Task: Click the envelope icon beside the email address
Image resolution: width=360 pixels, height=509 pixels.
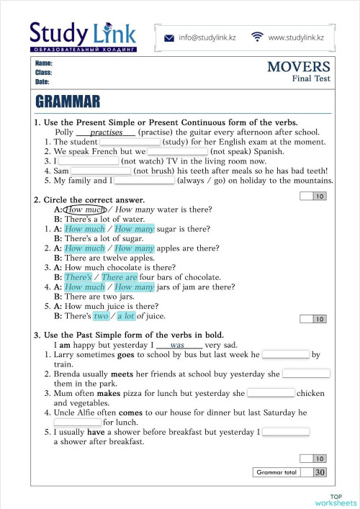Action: point(168,37)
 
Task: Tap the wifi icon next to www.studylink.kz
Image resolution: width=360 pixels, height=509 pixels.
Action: point(257,37)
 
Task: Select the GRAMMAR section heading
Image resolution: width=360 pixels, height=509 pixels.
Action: point(67,101)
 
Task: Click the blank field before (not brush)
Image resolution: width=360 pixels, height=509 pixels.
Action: point(101,171)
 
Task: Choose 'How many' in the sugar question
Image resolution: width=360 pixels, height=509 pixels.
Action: point(135,229)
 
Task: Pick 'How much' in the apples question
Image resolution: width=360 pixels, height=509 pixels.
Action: point(85,248)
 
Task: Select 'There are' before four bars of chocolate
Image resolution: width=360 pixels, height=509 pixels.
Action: point(120,277)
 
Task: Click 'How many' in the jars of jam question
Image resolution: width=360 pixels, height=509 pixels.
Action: point(135,287)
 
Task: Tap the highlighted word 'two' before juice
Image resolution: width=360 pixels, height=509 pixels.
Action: point(101,315)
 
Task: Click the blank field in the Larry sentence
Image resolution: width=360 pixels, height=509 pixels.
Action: point(285,355)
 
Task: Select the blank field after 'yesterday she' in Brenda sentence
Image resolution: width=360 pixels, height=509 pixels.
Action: point(306,374)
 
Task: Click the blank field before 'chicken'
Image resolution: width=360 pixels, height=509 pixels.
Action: point(271,393)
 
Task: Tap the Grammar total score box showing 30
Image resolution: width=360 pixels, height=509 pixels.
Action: point(320,472)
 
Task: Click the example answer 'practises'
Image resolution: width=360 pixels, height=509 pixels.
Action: point(106,132)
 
